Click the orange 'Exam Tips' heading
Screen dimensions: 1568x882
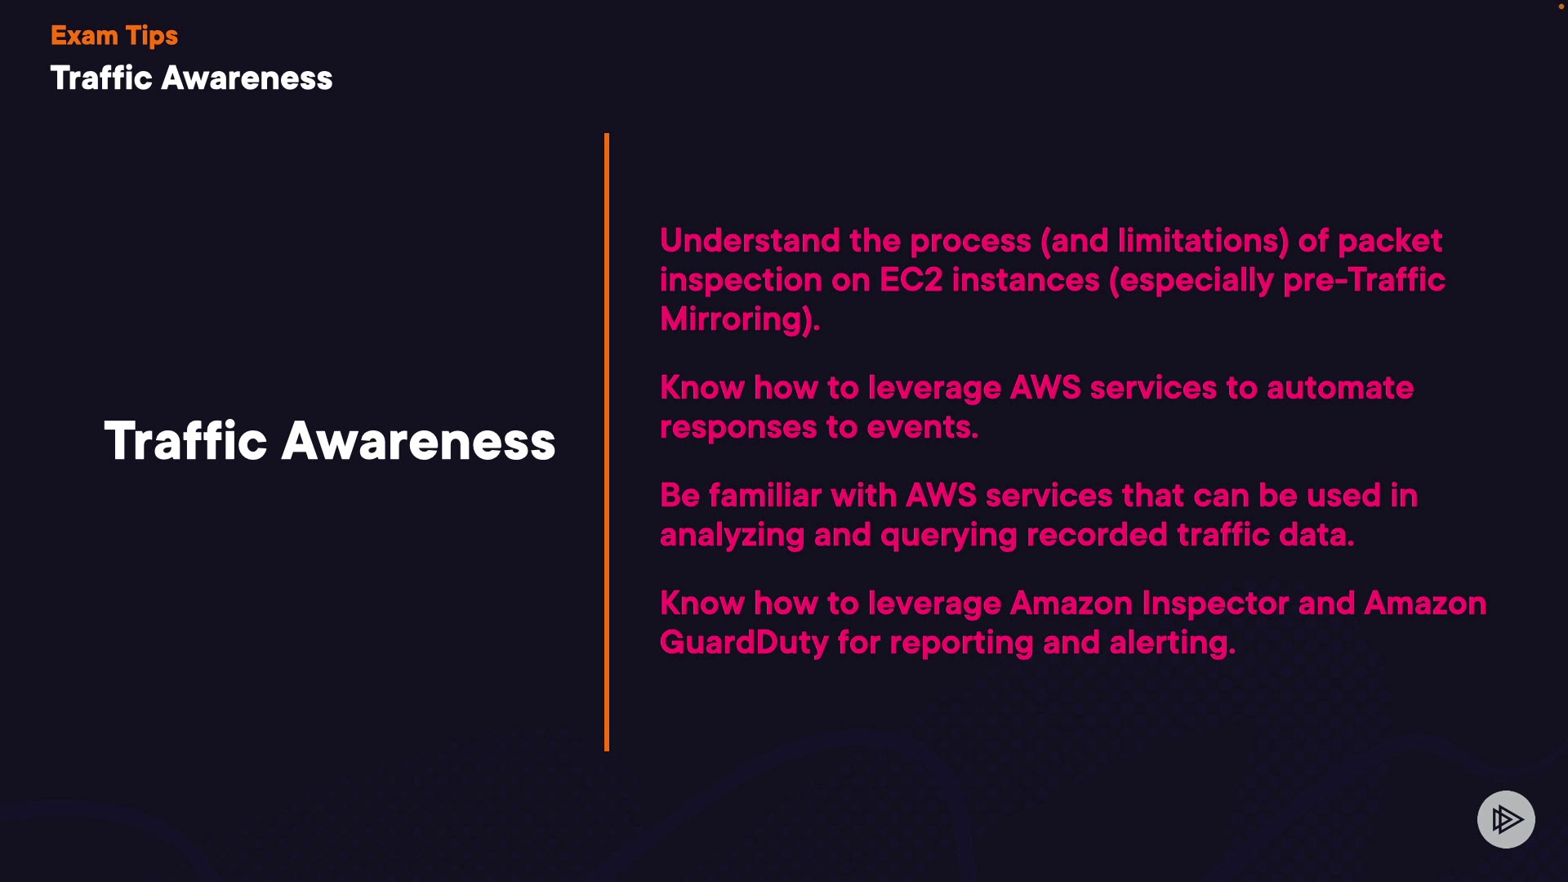point(114,36)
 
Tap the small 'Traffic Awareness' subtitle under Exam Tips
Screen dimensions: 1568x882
point(192,78)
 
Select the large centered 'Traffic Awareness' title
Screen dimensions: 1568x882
point(330,441)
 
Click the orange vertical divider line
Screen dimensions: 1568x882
point(607,442)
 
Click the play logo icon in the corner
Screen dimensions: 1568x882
point(1506,819)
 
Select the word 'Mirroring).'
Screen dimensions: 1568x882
point(740,319)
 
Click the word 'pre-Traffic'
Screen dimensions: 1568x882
point(1364,280)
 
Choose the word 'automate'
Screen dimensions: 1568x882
point(1340,388)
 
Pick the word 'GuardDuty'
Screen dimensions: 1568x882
point(744,643)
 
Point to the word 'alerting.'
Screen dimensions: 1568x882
point(1173,643)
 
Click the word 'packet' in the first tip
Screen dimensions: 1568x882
point(1390,241)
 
